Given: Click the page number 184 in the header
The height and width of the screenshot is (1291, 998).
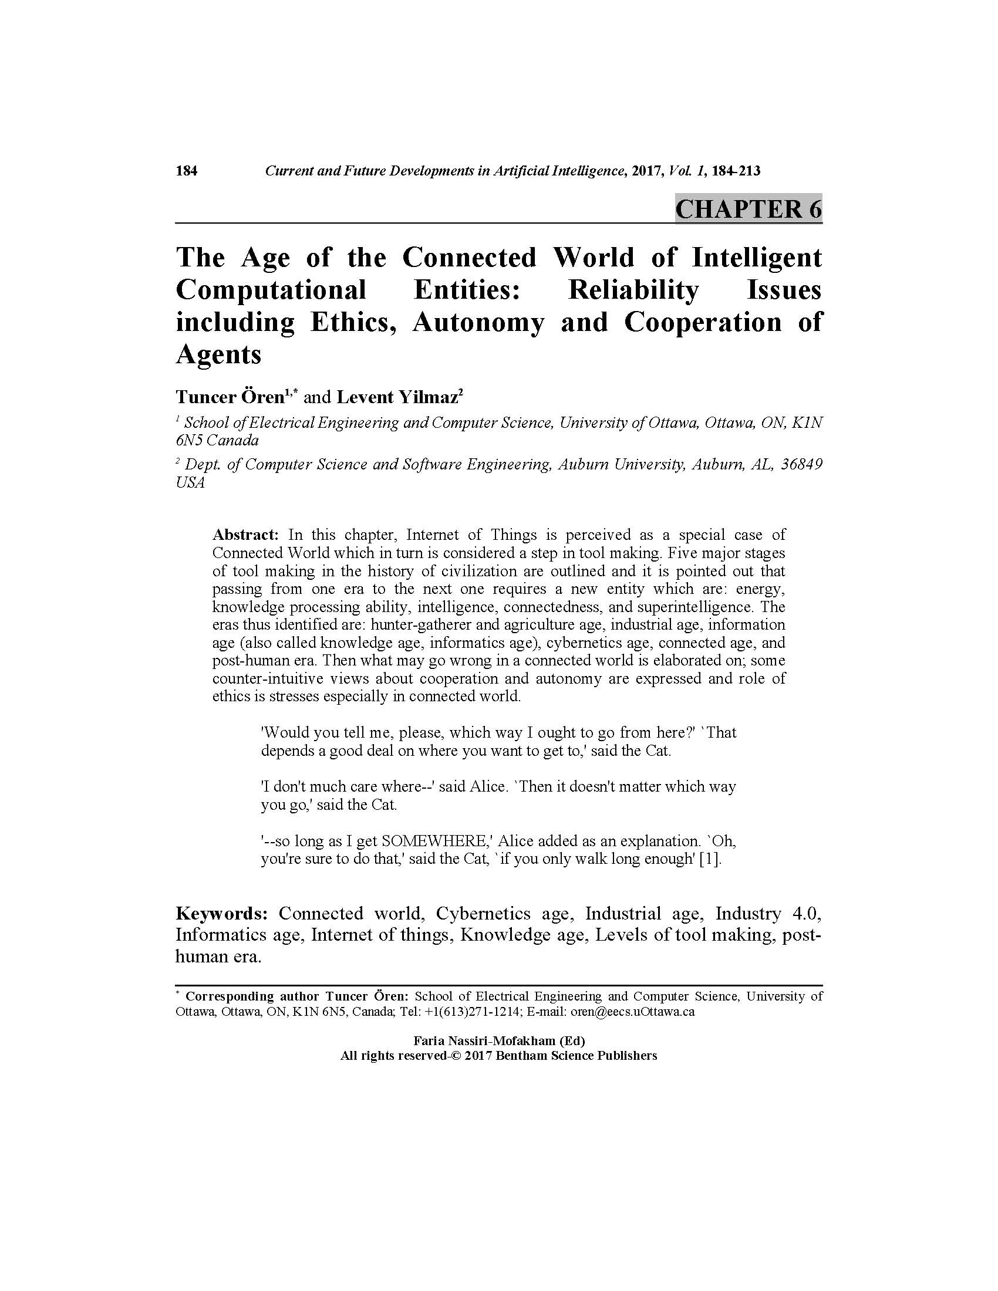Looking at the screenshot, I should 186,171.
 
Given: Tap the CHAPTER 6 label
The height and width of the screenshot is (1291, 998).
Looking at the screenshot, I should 748,209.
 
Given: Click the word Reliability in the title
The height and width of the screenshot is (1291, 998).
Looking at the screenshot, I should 633,290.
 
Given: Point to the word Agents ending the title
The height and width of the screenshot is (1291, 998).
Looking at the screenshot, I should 218,354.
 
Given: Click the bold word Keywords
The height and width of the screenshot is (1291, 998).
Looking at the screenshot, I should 222,914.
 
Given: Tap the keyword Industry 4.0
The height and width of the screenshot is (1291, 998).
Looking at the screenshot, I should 768,914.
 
